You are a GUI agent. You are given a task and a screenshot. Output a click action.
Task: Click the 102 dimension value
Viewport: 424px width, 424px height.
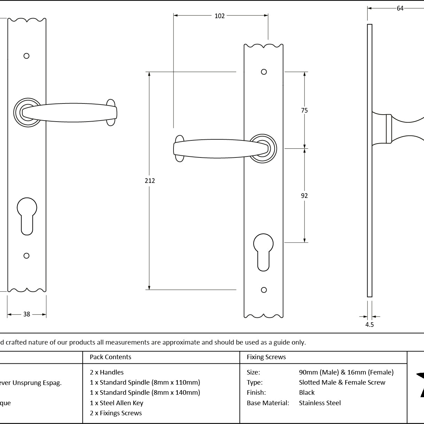(219, 16)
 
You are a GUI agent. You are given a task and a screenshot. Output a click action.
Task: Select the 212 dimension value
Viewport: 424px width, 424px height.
(150, 180)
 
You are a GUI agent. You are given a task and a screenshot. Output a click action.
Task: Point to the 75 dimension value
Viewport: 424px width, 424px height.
(304, 110)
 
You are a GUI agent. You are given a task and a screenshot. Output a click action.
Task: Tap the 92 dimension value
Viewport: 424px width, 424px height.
(304, 196)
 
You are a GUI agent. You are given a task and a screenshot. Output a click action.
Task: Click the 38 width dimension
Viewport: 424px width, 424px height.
(26, 314)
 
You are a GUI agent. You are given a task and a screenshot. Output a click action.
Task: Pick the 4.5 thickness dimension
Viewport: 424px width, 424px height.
(369, 325)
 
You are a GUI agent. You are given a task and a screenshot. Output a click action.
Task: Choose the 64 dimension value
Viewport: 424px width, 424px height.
(400, 8)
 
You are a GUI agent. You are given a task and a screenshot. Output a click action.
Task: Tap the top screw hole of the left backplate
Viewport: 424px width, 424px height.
(26, 56)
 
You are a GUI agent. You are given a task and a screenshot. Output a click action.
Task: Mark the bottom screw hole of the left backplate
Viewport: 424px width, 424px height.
(26, 256)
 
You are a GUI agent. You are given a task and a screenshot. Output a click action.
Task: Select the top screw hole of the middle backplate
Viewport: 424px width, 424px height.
(264, 72)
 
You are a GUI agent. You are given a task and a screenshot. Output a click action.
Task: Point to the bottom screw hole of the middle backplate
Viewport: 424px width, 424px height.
(264, 290)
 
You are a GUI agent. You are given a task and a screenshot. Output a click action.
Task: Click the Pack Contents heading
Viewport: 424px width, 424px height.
(110, 357)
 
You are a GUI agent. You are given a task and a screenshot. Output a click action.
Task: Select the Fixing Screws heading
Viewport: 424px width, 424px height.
(266, 357)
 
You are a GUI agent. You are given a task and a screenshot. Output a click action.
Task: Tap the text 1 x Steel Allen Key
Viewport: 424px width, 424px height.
(116, 403)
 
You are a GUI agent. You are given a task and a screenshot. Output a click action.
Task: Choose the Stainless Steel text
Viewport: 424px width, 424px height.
(320, 403)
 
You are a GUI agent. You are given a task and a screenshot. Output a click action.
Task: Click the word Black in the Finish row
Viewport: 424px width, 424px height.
(307, 393)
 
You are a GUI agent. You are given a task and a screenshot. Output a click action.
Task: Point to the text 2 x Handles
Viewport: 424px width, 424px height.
(107, 372)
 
